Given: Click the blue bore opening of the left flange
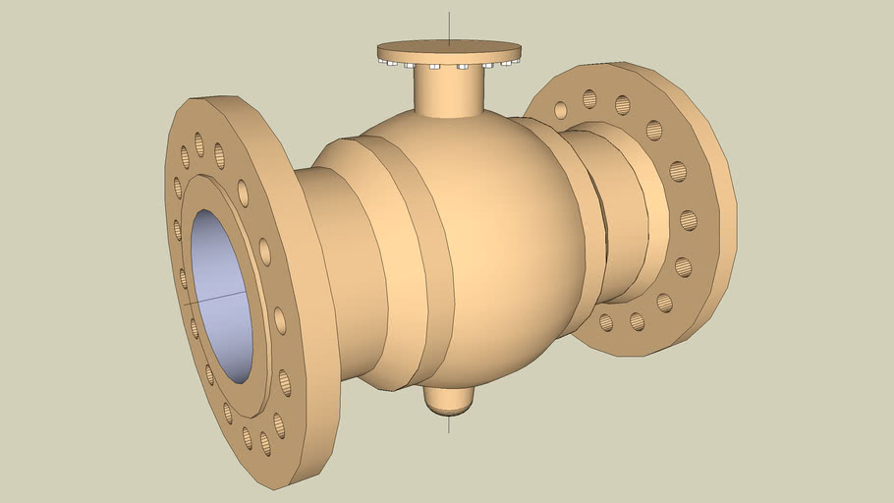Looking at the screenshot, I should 221,295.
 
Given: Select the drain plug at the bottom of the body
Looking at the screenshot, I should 449,397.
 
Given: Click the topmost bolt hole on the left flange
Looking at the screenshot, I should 199,144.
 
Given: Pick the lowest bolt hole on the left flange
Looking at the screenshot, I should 263,443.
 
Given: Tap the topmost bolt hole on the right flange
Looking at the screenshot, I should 589,98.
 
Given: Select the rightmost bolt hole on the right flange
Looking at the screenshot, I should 689,219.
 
